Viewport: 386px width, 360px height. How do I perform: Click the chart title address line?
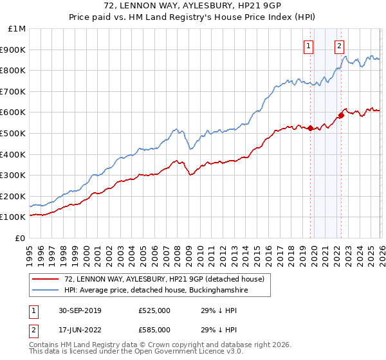click(x=193, y=6)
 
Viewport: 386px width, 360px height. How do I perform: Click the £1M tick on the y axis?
click(x=16, y=29)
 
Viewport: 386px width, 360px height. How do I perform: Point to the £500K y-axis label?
click(x=14, y=134)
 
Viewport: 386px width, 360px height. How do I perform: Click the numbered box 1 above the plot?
click(x=309, y=46)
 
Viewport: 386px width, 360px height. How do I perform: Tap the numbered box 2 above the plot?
click(x=339, y=46)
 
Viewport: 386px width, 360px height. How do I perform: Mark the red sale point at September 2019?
click(x=310, y=128)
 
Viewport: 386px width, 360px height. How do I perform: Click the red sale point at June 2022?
click(x=341, y=116)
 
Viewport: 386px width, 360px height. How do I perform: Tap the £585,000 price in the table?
click(x=154, y=330)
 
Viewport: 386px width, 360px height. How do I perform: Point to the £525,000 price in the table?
click(x=154, y=310)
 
